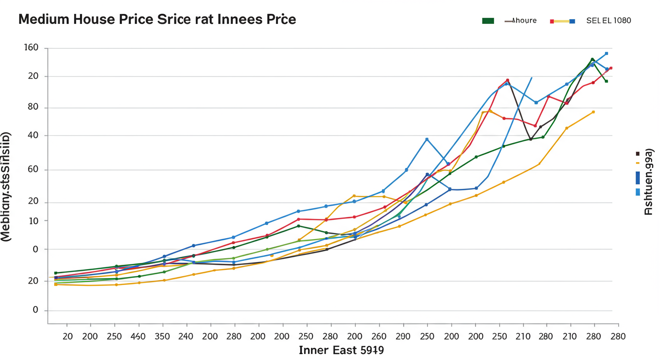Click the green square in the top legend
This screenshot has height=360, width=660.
[488, 21]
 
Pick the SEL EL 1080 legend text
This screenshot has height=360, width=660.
[608, 21]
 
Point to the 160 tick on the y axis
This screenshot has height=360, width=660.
[30, 48]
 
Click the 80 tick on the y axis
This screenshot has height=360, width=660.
[33, 108]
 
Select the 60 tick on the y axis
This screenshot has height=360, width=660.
[33, 170]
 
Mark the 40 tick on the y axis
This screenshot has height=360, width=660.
[33, 136]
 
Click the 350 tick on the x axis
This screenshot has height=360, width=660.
[163, 337]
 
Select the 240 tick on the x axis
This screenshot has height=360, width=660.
[187, 337]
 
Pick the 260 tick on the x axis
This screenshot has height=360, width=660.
[378, 337]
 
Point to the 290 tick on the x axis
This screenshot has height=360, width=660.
[403, 337]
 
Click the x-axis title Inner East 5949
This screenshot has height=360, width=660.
[341, 350]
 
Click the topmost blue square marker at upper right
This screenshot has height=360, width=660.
[606, 53]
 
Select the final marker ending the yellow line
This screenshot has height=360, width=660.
[593, 112]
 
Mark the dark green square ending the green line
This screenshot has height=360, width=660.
[606, 81]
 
